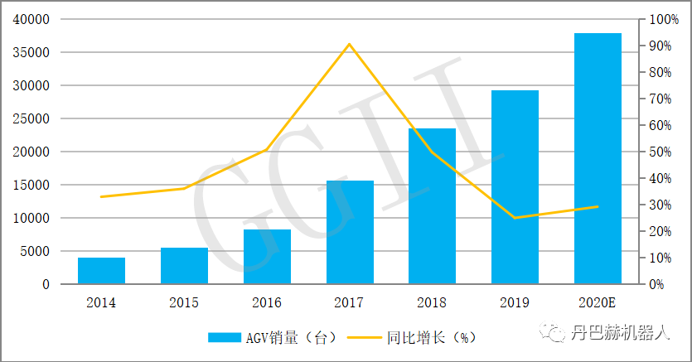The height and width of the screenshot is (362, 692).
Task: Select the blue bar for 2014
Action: click(101, 271)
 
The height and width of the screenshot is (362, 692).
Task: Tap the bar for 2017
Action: click(350, 232)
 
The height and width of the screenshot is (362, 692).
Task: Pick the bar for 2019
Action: click(515, 187)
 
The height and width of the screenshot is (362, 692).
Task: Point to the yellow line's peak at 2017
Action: click(350, 44)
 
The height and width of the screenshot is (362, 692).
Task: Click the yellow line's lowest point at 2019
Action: click(515, 218)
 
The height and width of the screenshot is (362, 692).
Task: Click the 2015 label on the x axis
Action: click(184, 302)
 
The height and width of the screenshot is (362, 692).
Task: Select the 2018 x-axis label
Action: click(433, 302)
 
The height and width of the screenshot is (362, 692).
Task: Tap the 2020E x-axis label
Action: click(598, 302)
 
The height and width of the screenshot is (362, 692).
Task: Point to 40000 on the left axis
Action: click(31, 19)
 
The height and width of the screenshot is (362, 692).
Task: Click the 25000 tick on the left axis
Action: click(31, 118)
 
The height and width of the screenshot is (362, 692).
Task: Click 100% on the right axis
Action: click(662, 19)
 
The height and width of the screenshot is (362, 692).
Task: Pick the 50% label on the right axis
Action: click(660, 152)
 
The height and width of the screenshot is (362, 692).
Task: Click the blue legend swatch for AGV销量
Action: click(224, 337)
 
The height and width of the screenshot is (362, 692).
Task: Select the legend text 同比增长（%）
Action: click(431, 337)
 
